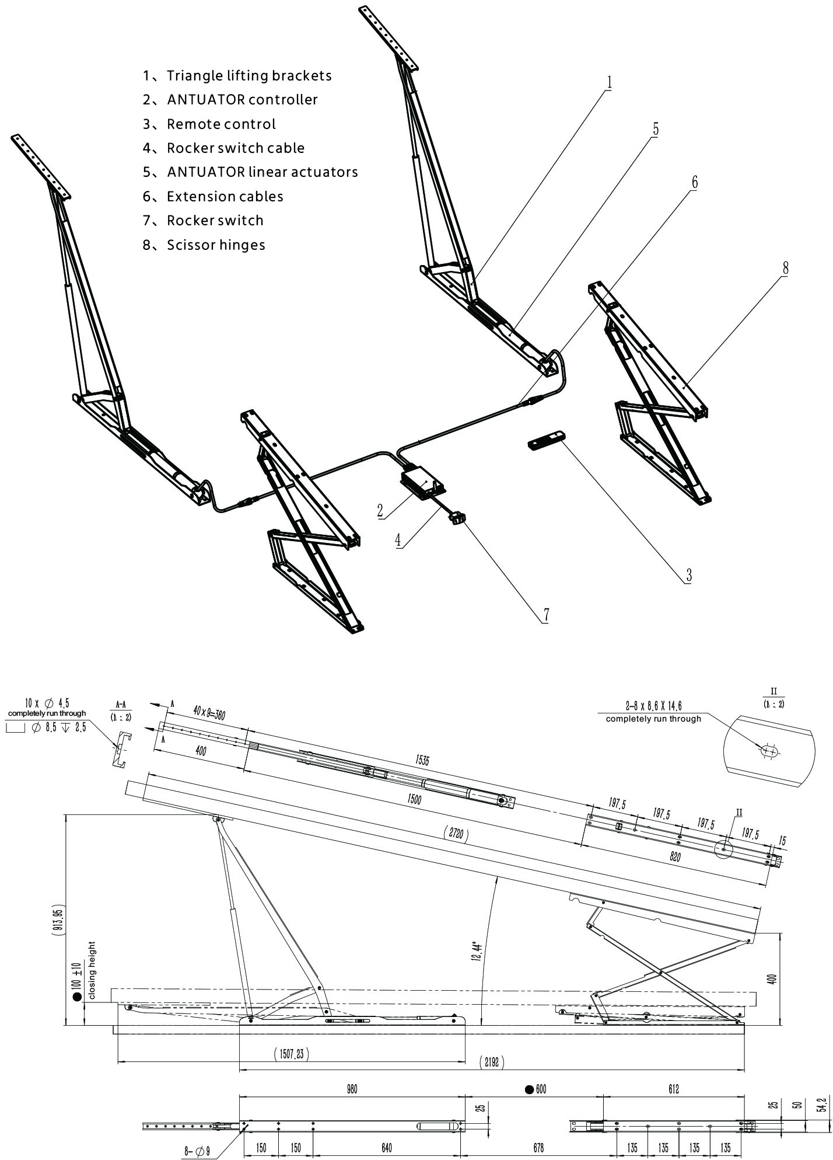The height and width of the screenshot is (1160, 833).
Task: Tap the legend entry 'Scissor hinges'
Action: point(205,245)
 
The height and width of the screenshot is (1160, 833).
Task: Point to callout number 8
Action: point(785,268)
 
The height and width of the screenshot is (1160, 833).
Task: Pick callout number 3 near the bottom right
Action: point(688,575)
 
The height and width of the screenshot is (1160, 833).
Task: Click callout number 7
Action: point(546,615)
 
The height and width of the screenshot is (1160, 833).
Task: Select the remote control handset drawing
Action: point(547,440)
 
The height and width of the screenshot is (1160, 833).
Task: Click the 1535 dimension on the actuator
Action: point(423,760)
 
